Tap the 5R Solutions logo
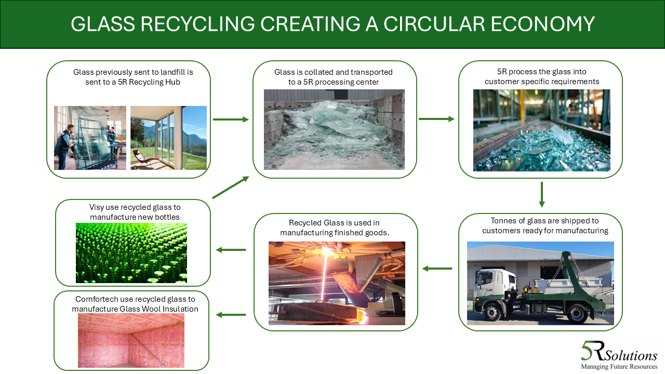pos(618,355)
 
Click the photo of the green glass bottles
pos(131,253)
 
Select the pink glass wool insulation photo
pos(131,340)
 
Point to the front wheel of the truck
pos(491,313)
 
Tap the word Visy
pos(97,207)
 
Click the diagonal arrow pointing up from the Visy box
pos(231,187)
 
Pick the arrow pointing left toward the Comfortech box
pos(231,315)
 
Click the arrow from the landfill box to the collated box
pos(231,119)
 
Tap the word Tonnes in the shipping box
pos(504,221)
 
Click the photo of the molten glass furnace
pos(337,283)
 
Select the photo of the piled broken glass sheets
pos(334,129)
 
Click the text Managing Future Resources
pos(619,367)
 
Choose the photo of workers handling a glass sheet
pos(90,138)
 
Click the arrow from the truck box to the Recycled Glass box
pos(437,269)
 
